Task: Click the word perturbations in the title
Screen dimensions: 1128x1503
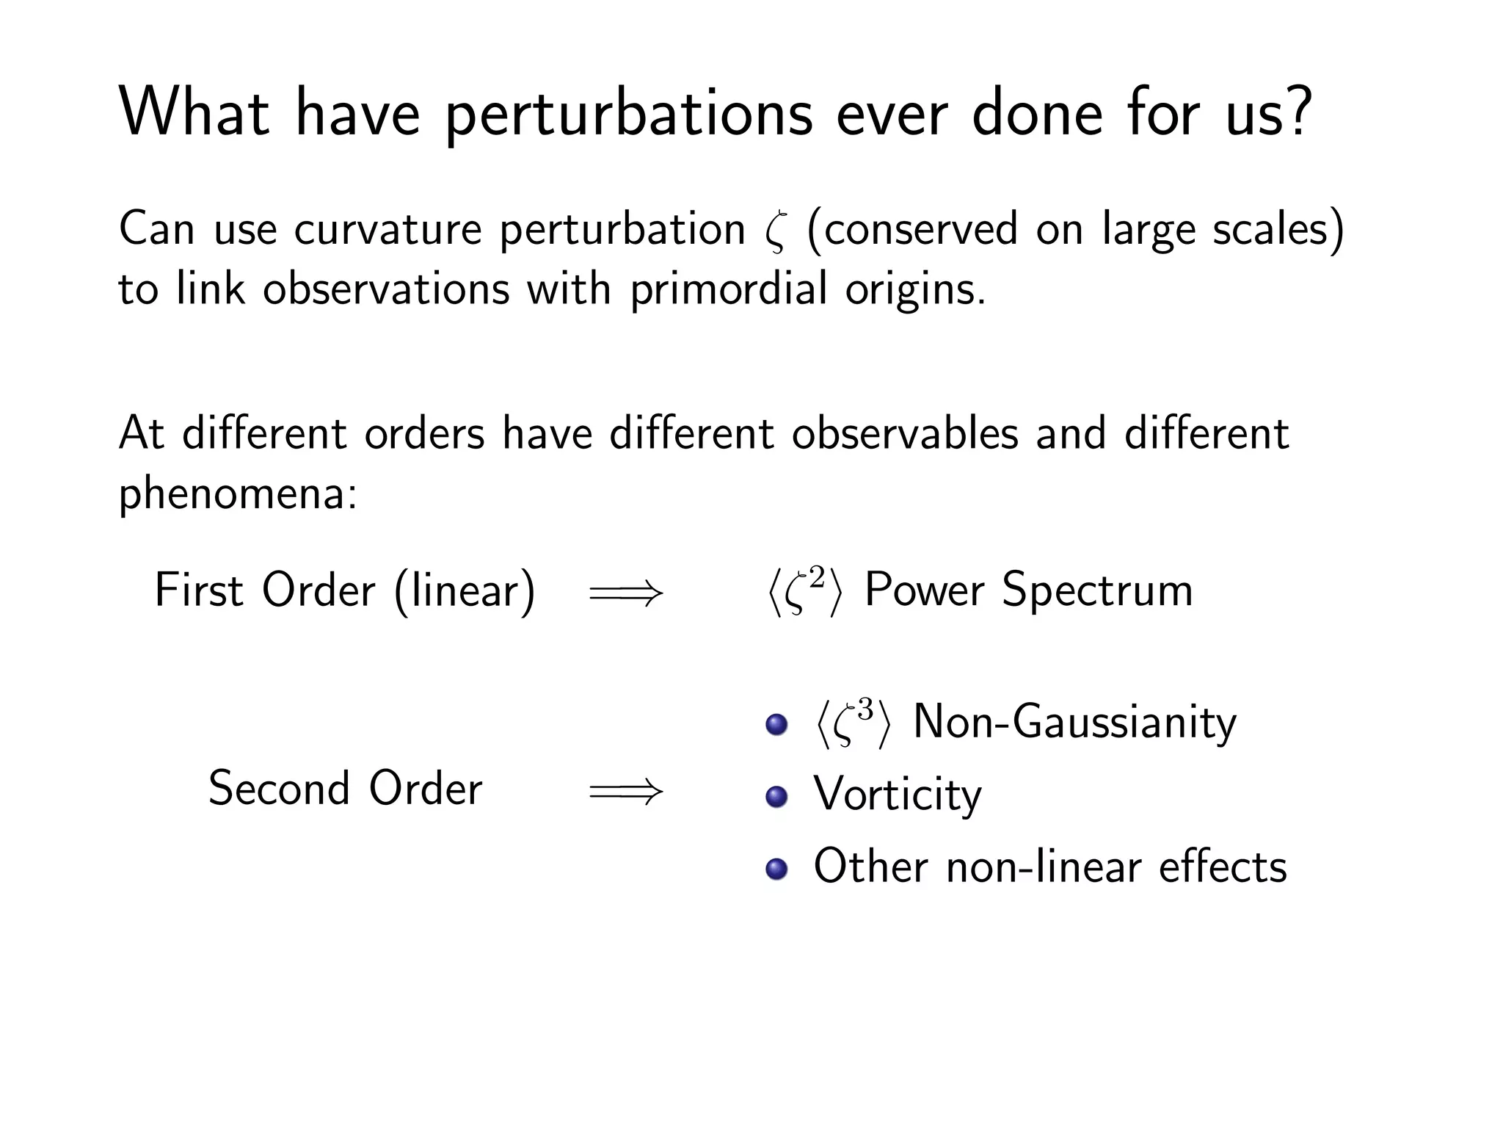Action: pyautogui.click(x=628, y=116)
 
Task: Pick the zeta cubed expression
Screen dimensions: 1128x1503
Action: pyautogui.click(x=851, y=723)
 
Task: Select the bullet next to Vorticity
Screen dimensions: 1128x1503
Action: pyautogui.click(x=776, y=796)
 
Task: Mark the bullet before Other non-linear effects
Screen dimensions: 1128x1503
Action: pyautogui.click(x=776, y=869)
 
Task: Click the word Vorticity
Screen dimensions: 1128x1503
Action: pyautogui.click(x=897, y=795)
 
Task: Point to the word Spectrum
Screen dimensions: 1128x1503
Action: pyautogui.click(x=1097, y=590)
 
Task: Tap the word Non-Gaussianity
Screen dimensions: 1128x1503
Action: pyautogui.click(x=1074, y=723)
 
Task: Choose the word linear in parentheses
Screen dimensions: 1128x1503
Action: pyautogui.click(x=465, y=590)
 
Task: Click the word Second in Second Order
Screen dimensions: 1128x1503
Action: pyautogui.click(x=279, y=789)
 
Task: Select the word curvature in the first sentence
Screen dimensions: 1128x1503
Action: pyautogui.click(x=388, y=229)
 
